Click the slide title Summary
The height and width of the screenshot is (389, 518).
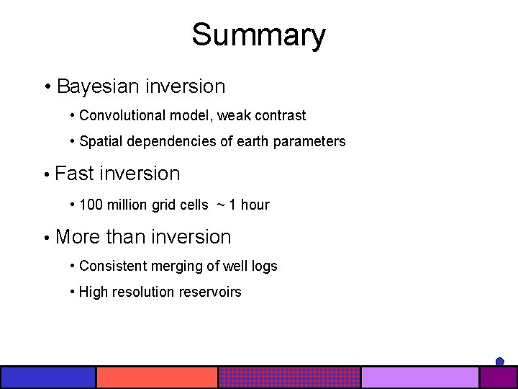click(x=258, y=35)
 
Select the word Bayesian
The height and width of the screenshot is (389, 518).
click(x=99, y=86)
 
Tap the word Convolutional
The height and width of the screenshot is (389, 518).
click(x=123, y=115)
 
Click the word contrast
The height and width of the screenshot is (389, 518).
click(x=281, y=115)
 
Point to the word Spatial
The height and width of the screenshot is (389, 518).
click(x=101, y=141)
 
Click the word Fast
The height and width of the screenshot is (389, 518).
click(x=74, y=174)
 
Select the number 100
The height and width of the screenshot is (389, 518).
click(x=91, y=205)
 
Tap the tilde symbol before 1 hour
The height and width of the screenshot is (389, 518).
click(x=221, y=205)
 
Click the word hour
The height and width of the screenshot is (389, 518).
click(x=255, y=205)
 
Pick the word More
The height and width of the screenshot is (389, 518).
click(x=78, y=237)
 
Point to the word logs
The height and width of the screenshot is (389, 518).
click(x=263, y=266)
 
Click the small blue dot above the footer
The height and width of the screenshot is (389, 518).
click(x=500, y=362)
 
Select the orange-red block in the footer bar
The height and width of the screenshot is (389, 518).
click(x=157, y=377)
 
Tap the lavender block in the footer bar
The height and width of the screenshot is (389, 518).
click(x=419, y=377)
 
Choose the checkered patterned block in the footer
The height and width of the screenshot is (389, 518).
click(x=289, y=377)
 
